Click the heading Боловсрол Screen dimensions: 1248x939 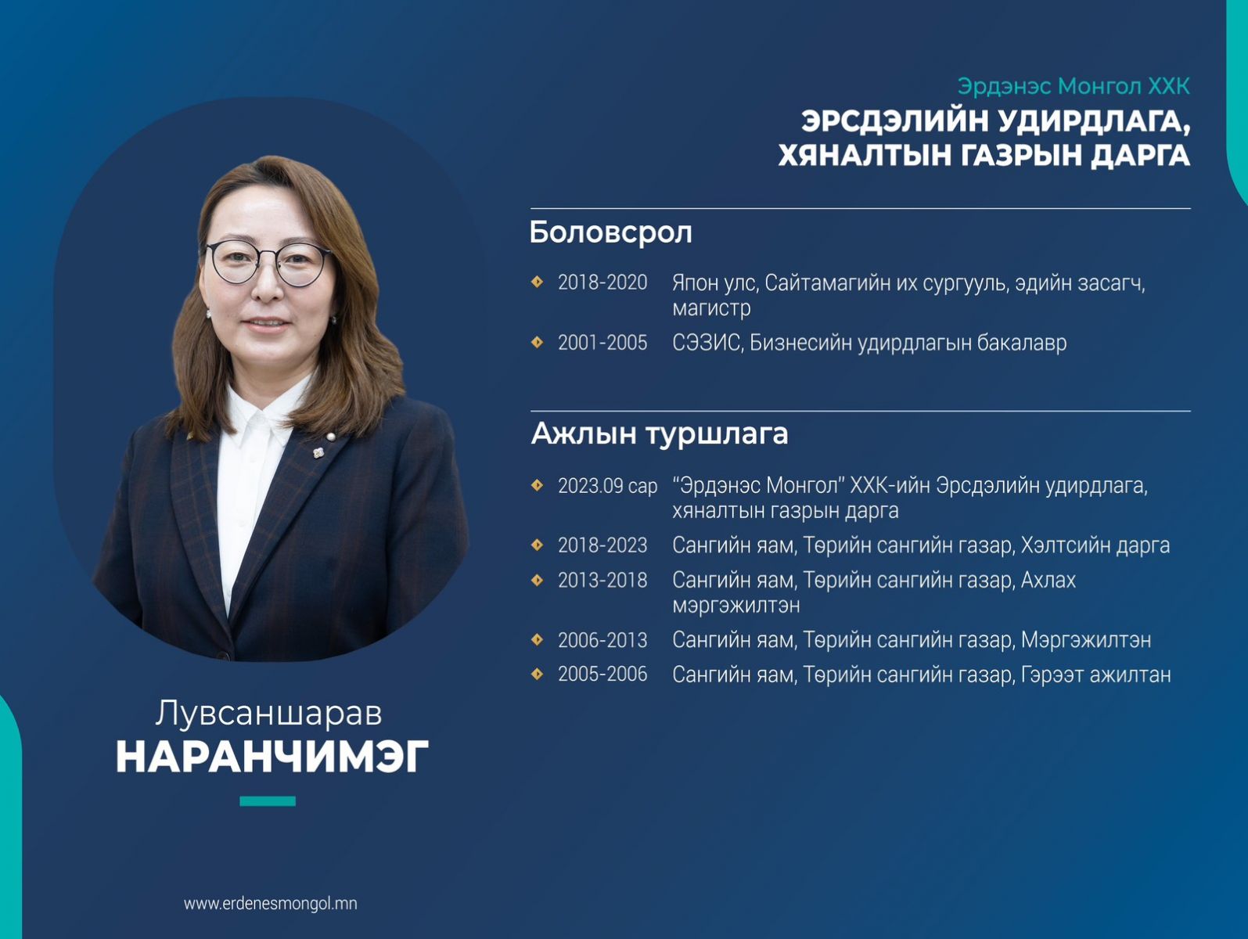click(x=610, y=232)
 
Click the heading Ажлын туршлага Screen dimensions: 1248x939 click(x=660, y=434)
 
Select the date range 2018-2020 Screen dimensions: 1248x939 click(x=602, y=282)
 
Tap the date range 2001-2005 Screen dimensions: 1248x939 click(x=602, y=343)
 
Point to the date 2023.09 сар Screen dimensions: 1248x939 click(x=607, y=486)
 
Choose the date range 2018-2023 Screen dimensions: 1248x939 click(x=602, y=545)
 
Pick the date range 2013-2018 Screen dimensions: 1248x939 click(x=602, y=581)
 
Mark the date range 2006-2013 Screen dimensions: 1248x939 click(x=602, y=641)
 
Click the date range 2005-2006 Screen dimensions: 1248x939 click(x=602, y=675)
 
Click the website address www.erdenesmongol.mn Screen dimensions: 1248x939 click(x=271, y=904)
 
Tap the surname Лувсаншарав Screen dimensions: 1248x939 click(x=269, y=714)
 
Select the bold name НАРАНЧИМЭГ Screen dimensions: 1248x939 click(x=272, y=757)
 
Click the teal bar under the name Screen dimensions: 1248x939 click(x=268, y=801)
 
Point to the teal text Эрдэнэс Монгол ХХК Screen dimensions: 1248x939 click(x=1074, y=87)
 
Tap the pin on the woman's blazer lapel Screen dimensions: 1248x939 click(x=318, y=452)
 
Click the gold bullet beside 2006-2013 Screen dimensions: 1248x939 click(x=537, y=640)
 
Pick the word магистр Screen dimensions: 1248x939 click(x=711, y=308)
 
